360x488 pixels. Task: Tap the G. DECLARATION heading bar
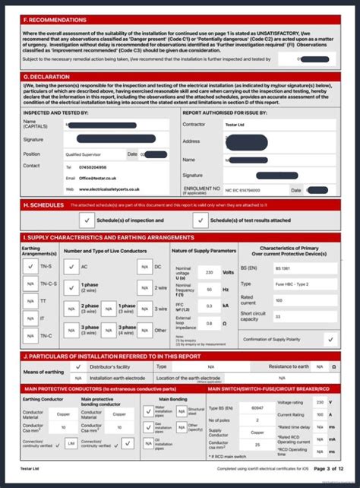pos(47,77)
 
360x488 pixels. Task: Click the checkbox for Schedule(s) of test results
pos(199,220)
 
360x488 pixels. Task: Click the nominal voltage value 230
pos(208,271)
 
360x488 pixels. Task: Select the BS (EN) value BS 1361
pos(283,268)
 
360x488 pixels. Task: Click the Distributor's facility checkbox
pos(77,366)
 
